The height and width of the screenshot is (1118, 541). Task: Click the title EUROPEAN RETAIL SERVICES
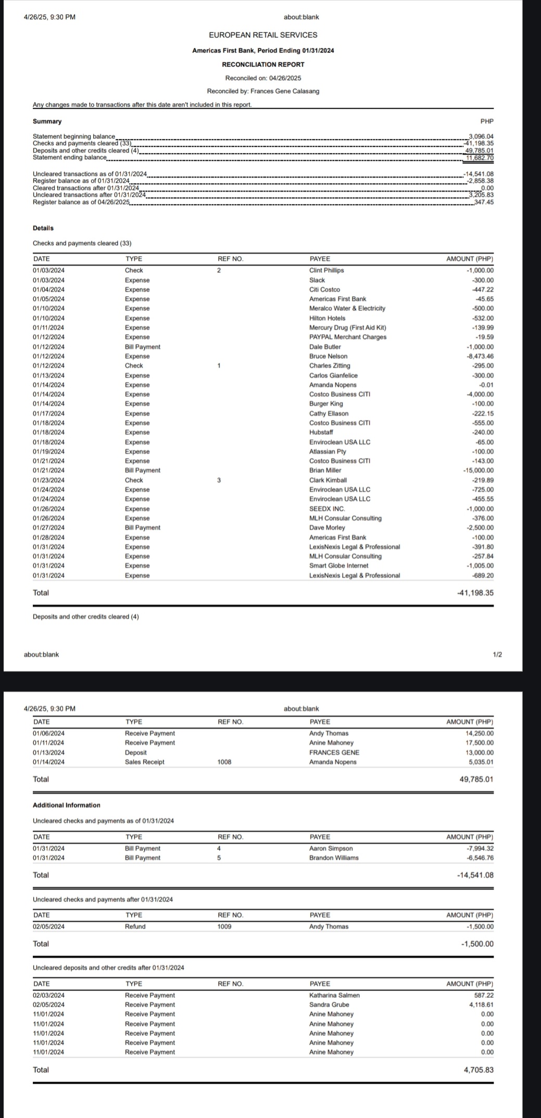263,35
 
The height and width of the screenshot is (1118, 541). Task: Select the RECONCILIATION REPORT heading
263,65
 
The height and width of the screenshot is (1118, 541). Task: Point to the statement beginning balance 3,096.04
481,137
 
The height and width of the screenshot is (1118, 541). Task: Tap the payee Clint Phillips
326,271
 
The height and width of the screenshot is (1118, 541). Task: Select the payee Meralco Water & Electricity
347,309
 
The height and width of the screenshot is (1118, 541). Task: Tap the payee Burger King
325,404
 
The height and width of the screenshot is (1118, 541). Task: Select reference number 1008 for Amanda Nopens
224,762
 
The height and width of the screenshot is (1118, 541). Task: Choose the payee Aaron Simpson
331,848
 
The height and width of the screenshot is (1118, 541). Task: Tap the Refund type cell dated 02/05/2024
135,926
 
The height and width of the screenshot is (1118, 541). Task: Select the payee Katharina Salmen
334,995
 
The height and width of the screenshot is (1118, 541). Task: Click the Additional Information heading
67,805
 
